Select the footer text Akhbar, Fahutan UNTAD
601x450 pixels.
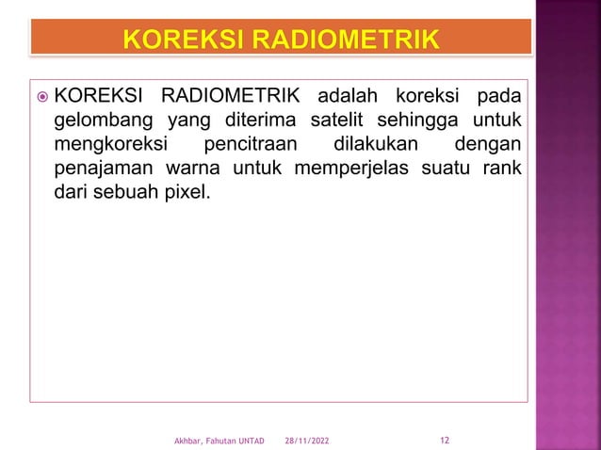pos(219,441)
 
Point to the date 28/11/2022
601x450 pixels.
pos(307,441)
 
